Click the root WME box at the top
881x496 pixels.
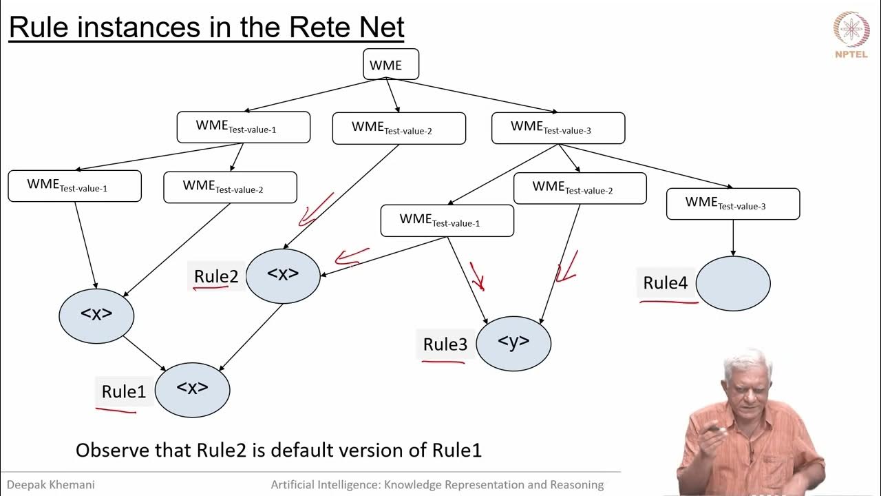click(391, 65)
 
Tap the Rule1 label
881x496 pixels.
click(124, 392)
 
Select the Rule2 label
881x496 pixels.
click(216, 276)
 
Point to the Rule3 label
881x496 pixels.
click(445, 344)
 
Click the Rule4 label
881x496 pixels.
click(665, 283)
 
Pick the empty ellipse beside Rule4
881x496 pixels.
click(733, 283)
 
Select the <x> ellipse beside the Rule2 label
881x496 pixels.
click(283, 275)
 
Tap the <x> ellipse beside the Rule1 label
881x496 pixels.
click(192, 389)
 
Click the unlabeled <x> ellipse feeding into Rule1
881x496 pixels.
click(96, 315)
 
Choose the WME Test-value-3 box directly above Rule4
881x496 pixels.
click(733, 203)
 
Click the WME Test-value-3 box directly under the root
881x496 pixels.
click(558, 127)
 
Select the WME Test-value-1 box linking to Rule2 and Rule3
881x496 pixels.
click(447, 220)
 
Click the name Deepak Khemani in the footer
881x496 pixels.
click(51, 485)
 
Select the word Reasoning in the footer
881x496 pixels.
click(572, 485)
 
